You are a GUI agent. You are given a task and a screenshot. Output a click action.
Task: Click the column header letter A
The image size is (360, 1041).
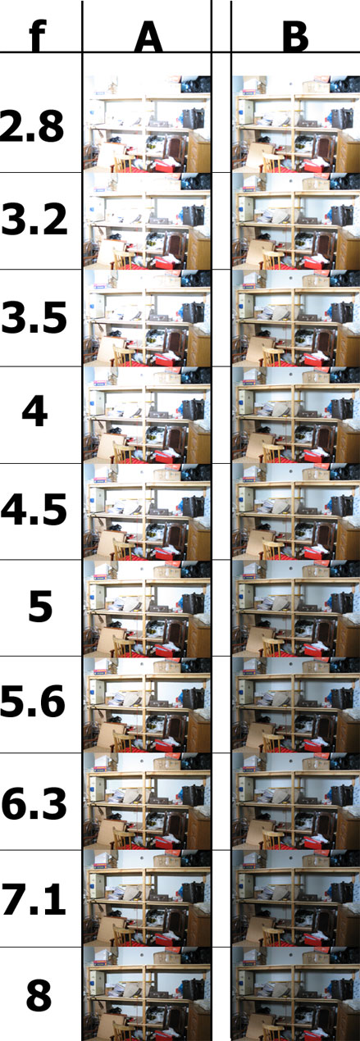click(x=148, y=36)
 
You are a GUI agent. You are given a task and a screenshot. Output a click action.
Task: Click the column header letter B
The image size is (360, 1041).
click(x=295, y=36)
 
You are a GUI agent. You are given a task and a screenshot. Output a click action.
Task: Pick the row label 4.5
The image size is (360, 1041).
click(x=34, y=510)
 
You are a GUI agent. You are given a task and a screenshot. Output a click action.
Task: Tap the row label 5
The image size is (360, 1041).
click(x=40, y=606)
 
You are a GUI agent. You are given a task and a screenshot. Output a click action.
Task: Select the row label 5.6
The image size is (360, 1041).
click(x=33, y=702)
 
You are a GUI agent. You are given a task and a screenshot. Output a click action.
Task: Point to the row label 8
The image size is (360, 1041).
click(x=39, y=994)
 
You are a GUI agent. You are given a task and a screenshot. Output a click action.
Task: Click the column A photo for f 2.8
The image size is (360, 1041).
click(x=147, y=124)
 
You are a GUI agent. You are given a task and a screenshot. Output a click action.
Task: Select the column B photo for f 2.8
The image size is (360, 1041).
click(x=296, y=124)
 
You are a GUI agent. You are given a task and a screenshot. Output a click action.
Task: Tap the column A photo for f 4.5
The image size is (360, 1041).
click(x=147, y=511)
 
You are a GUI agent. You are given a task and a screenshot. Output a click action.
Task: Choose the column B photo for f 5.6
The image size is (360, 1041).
click(x=296, y=704)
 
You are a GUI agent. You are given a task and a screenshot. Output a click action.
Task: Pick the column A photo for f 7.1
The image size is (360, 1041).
click(x=147, y=898)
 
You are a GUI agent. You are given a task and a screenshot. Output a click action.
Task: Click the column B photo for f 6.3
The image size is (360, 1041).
click(x=296, y=801)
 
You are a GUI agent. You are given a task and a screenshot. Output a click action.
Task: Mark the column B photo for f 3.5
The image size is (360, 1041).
click(x=296, y=317)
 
